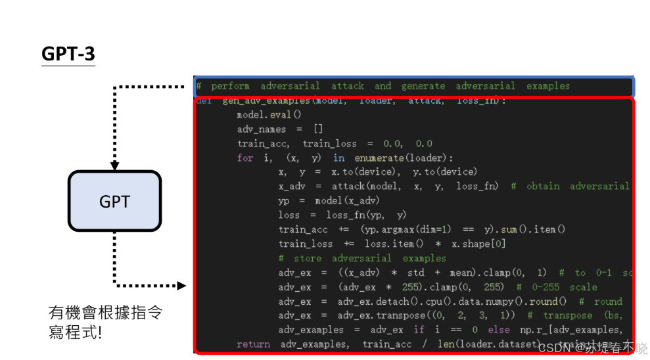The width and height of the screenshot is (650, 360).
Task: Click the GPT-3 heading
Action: [68, 54]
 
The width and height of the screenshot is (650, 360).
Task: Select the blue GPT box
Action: [114, 202]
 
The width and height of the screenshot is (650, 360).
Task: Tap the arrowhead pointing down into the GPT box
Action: [114, 166]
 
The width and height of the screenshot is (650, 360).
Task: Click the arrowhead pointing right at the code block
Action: [182, 286]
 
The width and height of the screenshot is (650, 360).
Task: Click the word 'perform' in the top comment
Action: [230, 86]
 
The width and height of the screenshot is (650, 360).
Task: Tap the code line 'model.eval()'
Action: [269, 115]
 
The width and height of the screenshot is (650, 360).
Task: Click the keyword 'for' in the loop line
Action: [245, 158]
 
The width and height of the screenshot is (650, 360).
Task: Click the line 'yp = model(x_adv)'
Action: [329, 200]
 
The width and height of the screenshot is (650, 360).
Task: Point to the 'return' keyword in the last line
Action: [253, 344]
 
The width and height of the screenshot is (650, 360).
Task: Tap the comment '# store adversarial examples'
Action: [362, 258]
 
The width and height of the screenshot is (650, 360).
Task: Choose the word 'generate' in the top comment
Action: [423, 86]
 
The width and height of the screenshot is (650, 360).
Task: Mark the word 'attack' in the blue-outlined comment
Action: [347, 86]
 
